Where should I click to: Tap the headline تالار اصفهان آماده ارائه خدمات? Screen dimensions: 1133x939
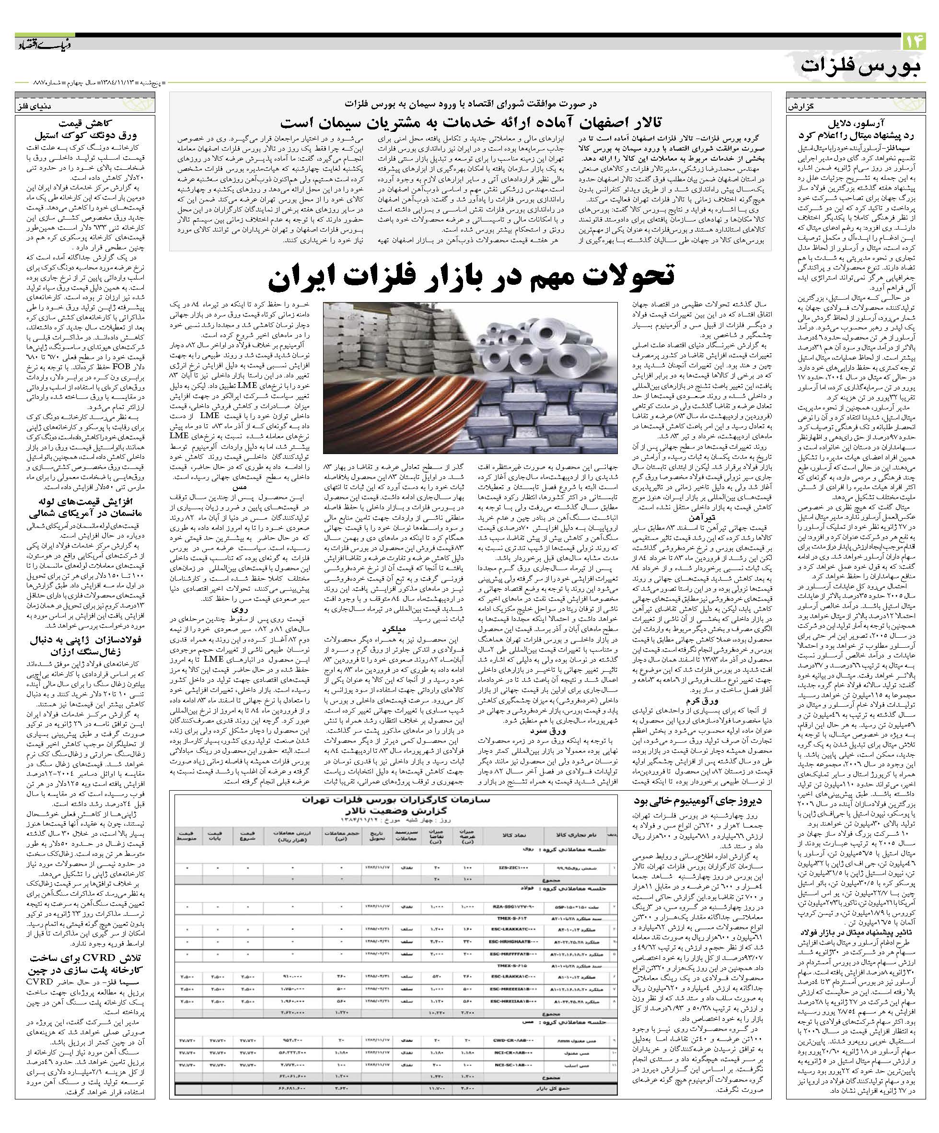(470, 120)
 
